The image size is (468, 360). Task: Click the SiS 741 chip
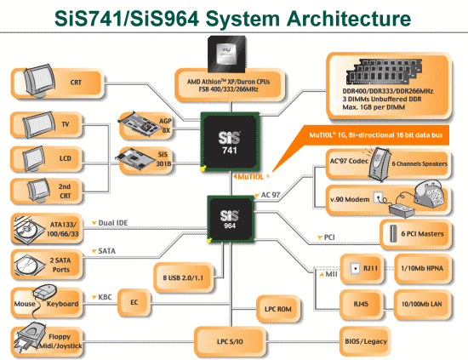click(230, 142)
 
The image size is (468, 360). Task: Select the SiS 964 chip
click(231, 219)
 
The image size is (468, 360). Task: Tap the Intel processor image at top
click(226, 54)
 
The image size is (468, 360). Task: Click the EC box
click(134, 302)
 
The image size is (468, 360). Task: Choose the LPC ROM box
click(278, 309)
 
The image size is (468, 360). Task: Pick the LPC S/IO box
click(230, 341)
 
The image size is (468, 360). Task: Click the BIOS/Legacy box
click(365, 341)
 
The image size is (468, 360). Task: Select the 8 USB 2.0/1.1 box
click(183, 277)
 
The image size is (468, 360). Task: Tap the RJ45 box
click(361, 304)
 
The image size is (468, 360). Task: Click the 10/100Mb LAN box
click(422, 304)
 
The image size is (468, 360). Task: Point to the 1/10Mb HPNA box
click(422, 268)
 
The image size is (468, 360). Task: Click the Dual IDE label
click(110, 223)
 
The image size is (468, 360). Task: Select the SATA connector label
click(104, 251)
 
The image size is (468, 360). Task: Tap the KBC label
click(102, 297)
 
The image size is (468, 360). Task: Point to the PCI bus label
click(326, 237)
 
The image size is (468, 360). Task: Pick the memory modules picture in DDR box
click(384, 71)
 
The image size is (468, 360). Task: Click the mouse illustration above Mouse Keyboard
click(45, 292)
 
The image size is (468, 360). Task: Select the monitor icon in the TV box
click(39, 124)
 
